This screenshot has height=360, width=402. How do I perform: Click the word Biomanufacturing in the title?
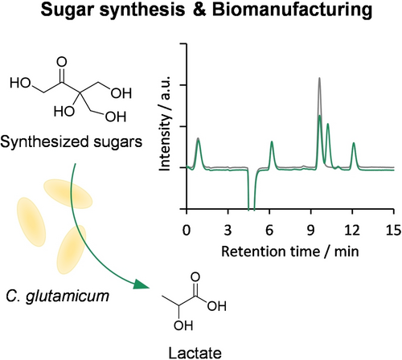292,11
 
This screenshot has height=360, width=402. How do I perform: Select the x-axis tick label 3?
228,230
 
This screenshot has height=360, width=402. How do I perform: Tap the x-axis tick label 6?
269,230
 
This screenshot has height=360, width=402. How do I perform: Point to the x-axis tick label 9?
310,230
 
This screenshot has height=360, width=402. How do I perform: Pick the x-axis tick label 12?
352,230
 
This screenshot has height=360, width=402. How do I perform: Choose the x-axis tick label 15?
393,230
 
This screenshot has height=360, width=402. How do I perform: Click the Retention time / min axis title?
290,252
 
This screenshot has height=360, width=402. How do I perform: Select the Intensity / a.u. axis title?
165,123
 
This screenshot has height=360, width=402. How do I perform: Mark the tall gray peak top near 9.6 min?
319,78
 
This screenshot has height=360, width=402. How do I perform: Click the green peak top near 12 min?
354,143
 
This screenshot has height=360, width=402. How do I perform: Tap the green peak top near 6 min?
272,141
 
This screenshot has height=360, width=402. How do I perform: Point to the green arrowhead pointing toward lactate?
141,284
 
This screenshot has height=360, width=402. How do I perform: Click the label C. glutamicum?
58,297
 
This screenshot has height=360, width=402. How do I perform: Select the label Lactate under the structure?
195,353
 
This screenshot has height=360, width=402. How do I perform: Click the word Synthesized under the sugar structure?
44,141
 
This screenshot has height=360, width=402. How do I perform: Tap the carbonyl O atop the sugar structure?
62,62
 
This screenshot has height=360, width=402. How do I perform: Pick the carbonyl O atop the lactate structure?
195,277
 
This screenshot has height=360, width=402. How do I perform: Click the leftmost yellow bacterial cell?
31,222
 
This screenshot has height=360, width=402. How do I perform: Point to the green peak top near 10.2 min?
327,124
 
